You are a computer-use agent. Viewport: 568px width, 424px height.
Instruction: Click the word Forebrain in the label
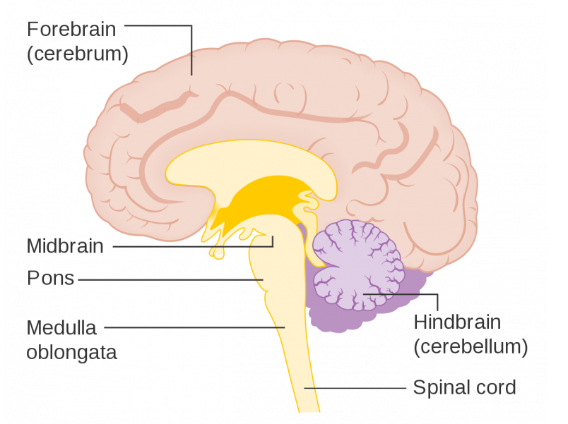(71, 30)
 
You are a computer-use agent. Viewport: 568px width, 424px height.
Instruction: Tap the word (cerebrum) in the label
(77, 54)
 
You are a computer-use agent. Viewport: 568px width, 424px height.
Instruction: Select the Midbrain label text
(65, 246)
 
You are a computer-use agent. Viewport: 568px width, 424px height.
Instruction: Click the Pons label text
(50, 279)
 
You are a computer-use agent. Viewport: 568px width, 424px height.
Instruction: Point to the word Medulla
(61, 327)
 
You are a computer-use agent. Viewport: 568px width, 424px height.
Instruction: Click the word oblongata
(71, 352)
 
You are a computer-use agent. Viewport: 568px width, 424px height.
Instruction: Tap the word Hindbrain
(457, 322)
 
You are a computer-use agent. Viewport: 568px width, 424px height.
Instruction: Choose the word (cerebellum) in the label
(471, 346)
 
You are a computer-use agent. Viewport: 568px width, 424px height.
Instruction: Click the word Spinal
(437, 387)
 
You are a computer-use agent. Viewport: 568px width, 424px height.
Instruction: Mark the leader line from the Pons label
(170, 279)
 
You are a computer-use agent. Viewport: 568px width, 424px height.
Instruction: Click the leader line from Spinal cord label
(353, 387)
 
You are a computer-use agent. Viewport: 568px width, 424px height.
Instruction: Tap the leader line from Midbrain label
(191, 246)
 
